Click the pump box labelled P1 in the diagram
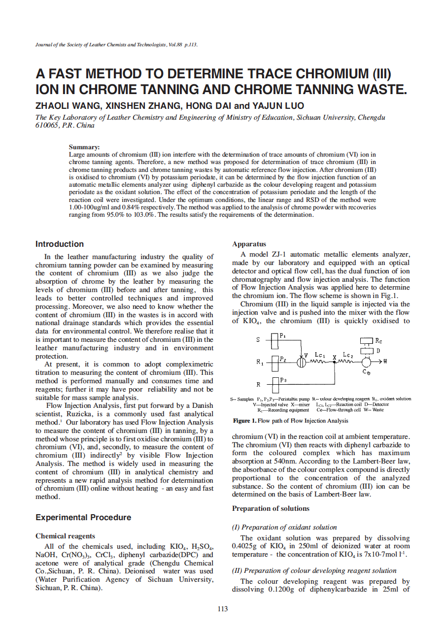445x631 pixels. pos(275,340)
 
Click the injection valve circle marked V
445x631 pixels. pos(302,362)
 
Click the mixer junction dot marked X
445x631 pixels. pos(335,362)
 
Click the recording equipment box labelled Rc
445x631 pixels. pos(367,340)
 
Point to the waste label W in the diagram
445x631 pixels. pos(385,362)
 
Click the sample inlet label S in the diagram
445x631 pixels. pos(258,340)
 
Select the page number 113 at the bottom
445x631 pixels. pos(223,609)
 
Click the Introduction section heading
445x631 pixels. pos(60,244)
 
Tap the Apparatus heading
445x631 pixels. pos(249,244)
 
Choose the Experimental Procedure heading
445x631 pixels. pos(83,518)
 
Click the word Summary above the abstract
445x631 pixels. pos(84,147)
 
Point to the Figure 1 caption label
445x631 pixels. pos(244,421)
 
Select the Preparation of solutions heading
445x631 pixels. pos(271,508)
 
